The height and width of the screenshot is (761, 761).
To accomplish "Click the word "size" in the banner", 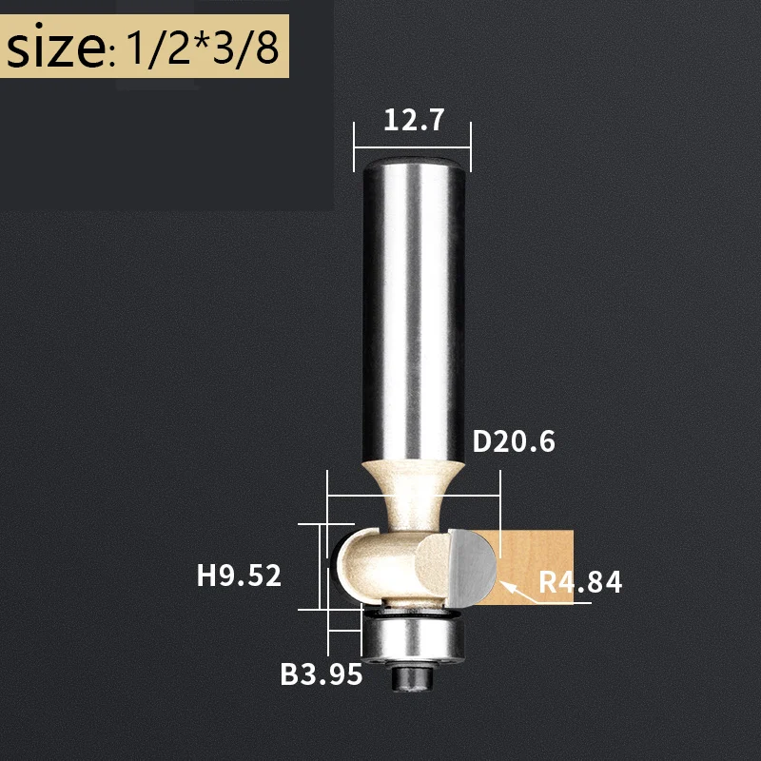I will tap(54, 48).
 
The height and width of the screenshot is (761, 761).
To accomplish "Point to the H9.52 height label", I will tap(239, 576).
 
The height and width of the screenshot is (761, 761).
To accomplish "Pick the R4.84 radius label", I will tap(580, 581).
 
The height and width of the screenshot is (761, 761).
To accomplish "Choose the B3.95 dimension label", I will tap(322, 674).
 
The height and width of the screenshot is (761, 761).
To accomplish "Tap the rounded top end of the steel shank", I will tap(412, 164).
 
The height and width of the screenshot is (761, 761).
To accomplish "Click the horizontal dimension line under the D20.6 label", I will tap(412, 495).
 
